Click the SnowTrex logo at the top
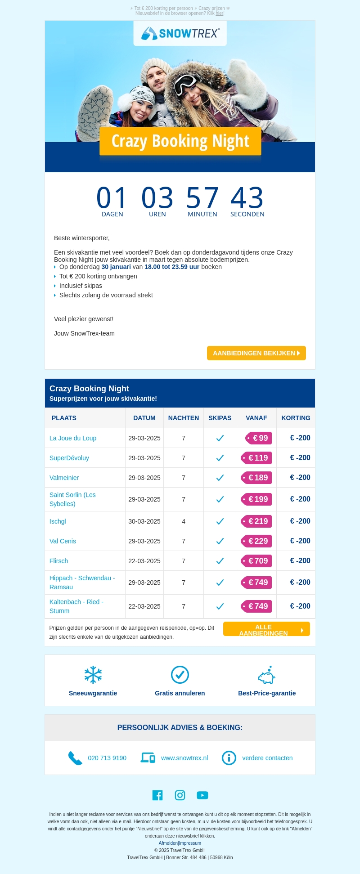click(x=180, y=33)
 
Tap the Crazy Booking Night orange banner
click(x=180, y=141)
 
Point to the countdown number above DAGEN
click(x=112, y=198)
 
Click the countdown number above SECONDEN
click(x=247, y=198)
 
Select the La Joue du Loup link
click(x=73, y=438)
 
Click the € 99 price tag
click(x=259, y=438)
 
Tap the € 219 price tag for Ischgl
click(x=257, y=521)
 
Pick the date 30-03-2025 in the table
click(x=144, y=521)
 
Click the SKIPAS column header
click(x=220, y=418)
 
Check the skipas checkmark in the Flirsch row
click(x=220, y=561)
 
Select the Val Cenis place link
click(x=63, y=541)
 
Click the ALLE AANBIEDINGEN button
click(x=266, y=629)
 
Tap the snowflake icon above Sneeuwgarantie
click(x=93, y=675)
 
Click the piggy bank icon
click(x=266, y=675)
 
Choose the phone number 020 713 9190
click(x=107, y=758)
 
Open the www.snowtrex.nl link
click(x=184, y=758)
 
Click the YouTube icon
click(x=202, y=795)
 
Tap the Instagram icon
click(x=180, y=795)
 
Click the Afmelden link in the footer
click(x=168, y=843)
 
